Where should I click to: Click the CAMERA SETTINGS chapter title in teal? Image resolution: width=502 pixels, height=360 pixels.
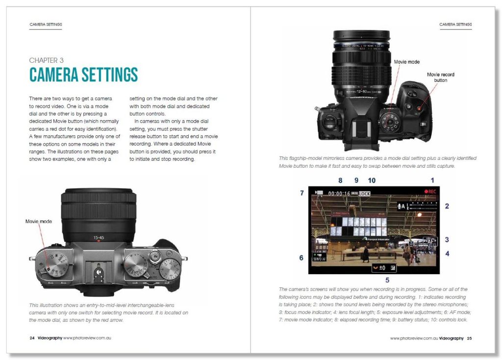(83, 75)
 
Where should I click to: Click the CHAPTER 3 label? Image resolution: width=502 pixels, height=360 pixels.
(46, 60)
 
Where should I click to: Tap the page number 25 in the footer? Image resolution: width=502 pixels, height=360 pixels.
(469, 338)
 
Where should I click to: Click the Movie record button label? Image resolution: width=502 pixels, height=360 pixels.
(440, 77)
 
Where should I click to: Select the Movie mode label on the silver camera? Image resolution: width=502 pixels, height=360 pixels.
(39, 221)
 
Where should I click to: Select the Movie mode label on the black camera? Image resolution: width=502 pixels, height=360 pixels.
(407, 62)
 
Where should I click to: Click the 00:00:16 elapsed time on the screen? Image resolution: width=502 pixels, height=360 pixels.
(339, 193)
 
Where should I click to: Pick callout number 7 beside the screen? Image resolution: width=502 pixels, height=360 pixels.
(302, 193)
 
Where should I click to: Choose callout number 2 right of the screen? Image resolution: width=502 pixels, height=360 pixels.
(447, 206)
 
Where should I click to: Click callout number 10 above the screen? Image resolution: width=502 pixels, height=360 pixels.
(371, 180)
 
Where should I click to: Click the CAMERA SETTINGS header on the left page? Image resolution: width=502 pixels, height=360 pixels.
(46, 24)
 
